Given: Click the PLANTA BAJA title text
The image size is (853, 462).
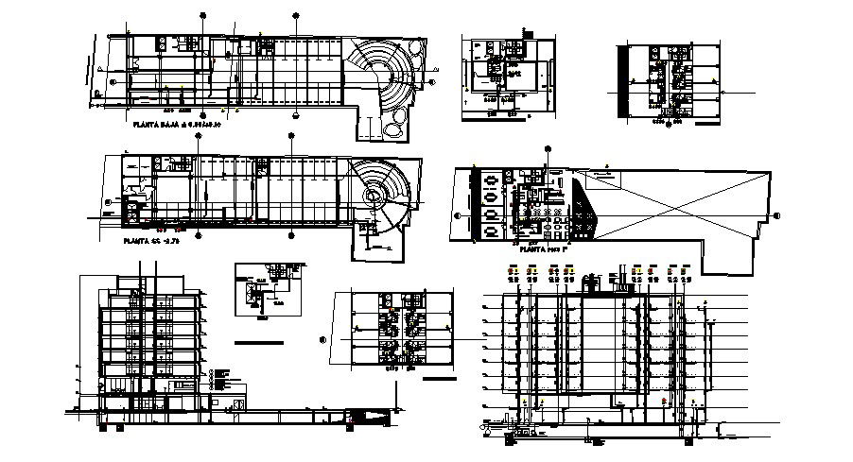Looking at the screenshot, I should (177, 124).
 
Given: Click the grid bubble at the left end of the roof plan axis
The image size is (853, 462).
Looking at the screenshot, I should (459, 215).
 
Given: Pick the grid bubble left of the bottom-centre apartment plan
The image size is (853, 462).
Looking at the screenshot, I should (322, 339).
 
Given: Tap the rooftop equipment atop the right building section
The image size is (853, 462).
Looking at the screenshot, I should (594, 281).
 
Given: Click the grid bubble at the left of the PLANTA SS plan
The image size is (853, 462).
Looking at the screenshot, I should (110, 201).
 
